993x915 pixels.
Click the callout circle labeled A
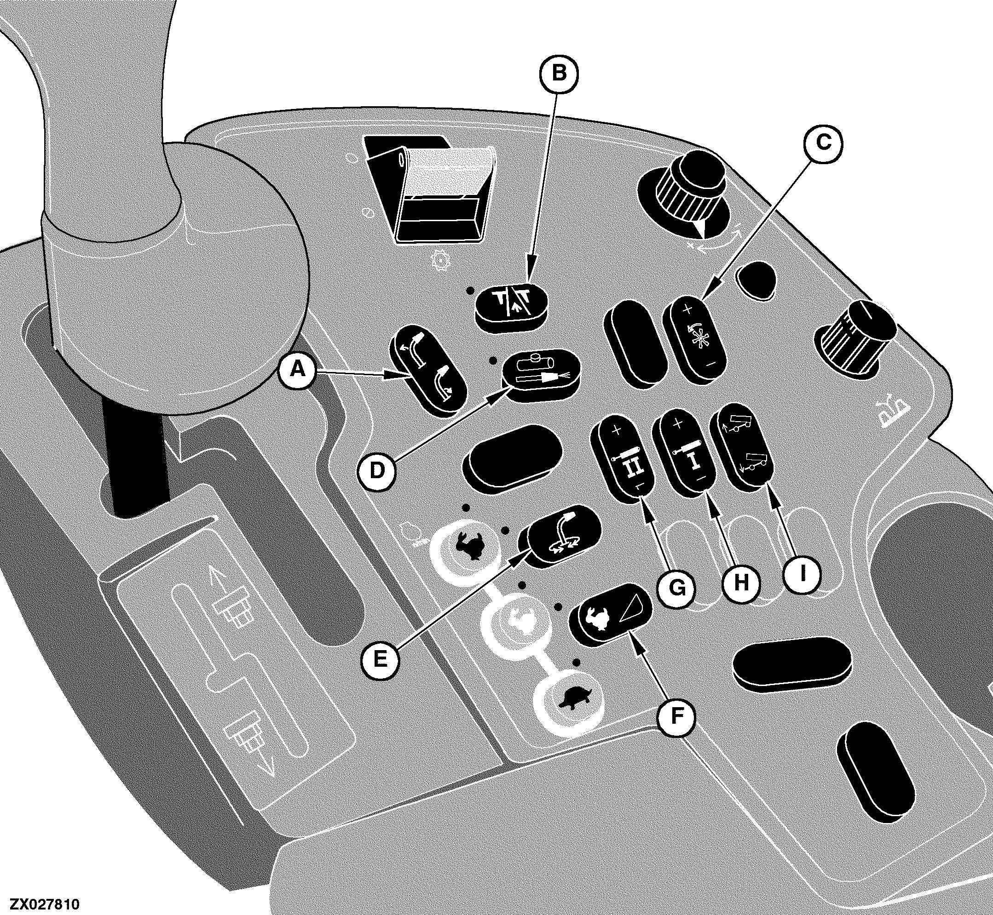pos(297,369)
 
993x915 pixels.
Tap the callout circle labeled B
pos(559,73)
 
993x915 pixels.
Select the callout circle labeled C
pos(823,143)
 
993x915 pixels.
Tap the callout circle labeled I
pos(802,573)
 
